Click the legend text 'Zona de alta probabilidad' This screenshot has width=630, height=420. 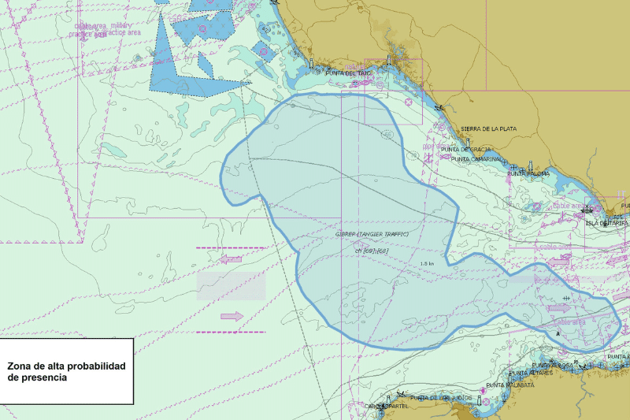pos(66,366)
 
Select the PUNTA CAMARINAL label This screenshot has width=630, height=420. pos(476,159)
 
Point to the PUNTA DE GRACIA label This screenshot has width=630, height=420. pos(465,149)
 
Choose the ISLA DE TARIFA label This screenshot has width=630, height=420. pos(607,223)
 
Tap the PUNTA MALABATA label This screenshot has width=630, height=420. pos(510,385)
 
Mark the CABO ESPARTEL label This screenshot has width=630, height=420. pos(386,406)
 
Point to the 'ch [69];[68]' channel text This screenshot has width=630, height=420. pos(372,251)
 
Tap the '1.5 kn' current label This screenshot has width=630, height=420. pos(428,263)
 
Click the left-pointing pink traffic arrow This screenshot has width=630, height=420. pos(232,258)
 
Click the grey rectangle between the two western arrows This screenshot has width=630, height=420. pos(231,286)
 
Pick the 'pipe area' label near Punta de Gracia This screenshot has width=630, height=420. pos(433,147)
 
